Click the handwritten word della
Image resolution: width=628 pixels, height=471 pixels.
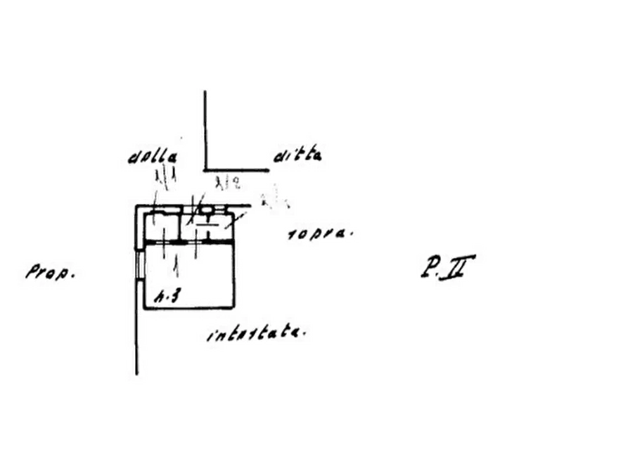[x=152, y=157]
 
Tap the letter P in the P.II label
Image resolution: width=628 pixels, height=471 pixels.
[x=430, y=267]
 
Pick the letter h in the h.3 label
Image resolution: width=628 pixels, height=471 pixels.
[x=160, y=297]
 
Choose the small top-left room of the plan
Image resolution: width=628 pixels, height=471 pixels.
[x=162, y=228]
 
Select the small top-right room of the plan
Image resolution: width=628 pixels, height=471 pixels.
[x=207, y=228]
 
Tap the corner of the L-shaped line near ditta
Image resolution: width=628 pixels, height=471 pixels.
[x=207, y=169]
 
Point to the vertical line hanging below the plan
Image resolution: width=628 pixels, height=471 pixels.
[x=137, y=344]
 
